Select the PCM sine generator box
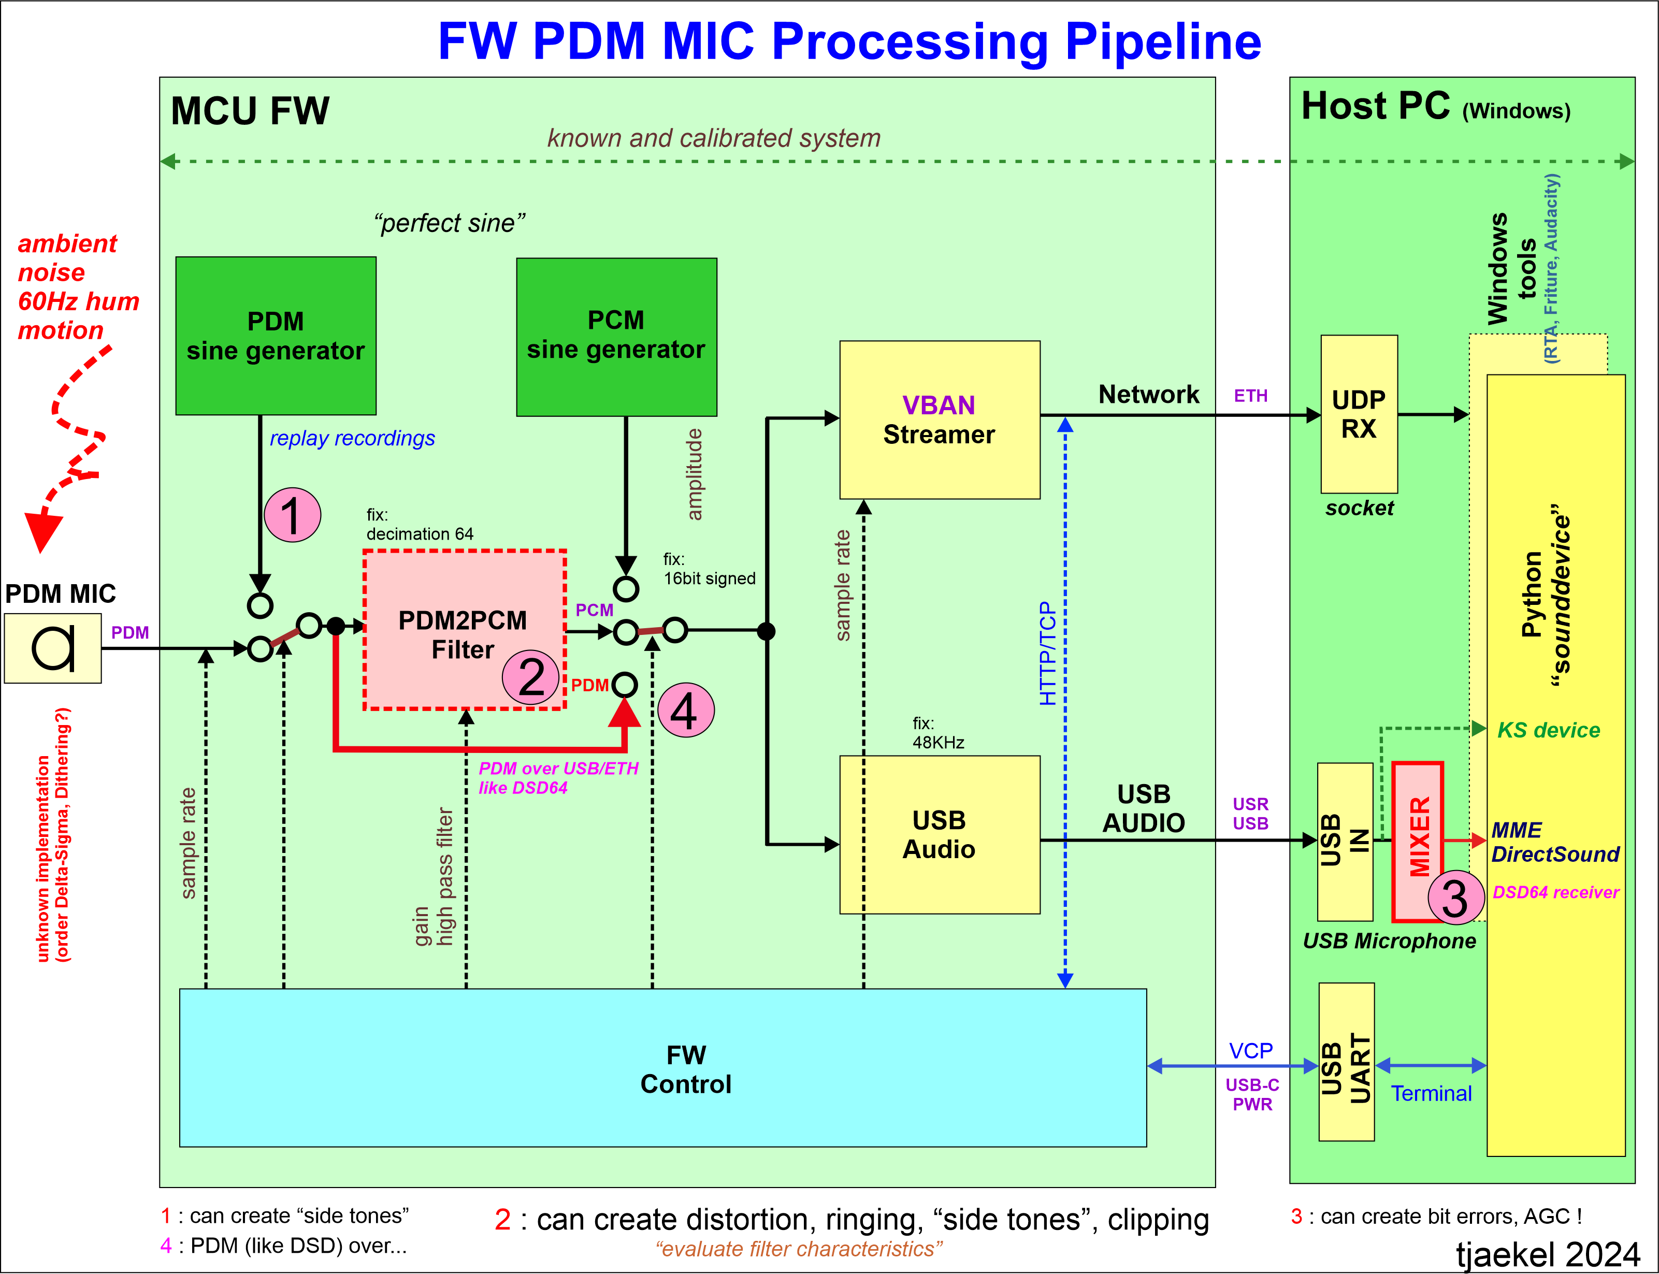click(616, 336)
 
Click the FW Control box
click(662, 1068)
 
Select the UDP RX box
click(1359, 414)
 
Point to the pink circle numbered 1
click(292, 515)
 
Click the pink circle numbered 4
click(685, 711)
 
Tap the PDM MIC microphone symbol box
click(52, 648)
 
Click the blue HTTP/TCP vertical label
click(1047, 654)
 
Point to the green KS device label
click(1548, 730)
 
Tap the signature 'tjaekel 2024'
click(1548, 1253)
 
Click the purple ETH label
click(1250, 396)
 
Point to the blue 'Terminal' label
click(1431, 1094)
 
